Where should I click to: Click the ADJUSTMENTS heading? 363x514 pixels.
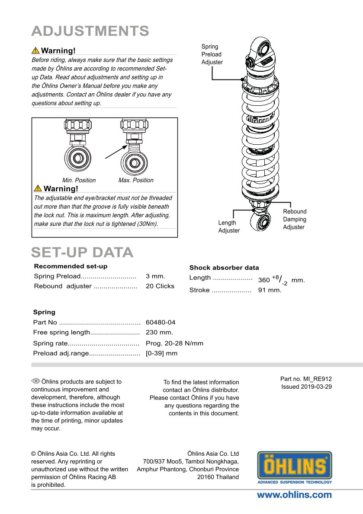pyautogui.click(x=90, y=31)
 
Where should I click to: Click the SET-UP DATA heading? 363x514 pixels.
pyautogui.click(x=82, y=252)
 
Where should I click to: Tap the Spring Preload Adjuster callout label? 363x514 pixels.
pyautogui.click(x=212, y=54)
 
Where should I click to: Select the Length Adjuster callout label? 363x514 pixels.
pyautogui.click(x=228, y=227)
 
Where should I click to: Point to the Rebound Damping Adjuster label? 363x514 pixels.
pyautogui.click(x=295, y=219)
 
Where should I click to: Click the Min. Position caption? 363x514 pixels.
pyautogui.click(x=79, y=180)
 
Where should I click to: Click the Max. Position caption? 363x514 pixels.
pyautogui.click(x=136, y=180)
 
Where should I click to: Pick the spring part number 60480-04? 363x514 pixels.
pyautogui.click(x=161, y=322)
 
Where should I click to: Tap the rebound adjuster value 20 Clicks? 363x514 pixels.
pyautogui.click(x=160, y=286)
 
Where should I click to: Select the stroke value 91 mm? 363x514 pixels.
pyautogui.click(x=270, y=290)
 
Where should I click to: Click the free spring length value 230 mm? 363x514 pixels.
pyautogui.click(x=159, y=332)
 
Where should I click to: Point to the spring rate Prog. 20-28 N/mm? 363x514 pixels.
pyautogui.click(x=174, y=343)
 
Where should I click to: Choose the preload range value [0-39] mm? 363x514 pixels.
pyautogui.click(x=161, y=353)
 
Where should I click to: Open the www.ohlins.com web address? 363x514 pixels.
pyautogui.click(x=294, y=495)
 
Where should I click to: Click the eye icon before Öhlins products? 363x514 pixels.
pyautogui.click(x=35, y=381)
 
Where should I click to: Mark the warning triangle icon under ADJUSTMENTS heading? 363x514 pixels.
pyautogui.click(x=35, y=51)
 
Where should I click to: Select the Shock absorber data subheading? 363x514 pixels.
pyautogui.click(x=224, y=268)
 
